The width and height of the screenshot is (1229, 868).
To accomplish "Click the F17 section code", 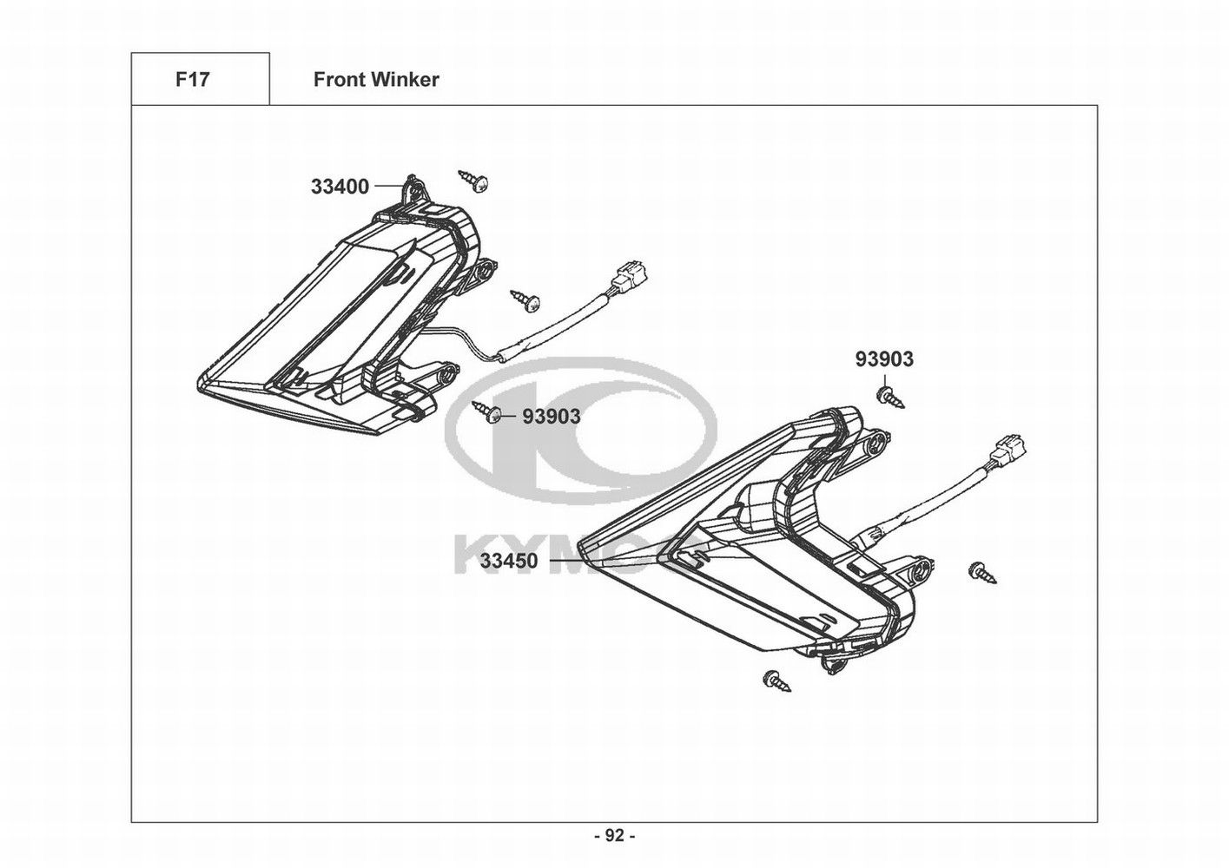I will (192, 80).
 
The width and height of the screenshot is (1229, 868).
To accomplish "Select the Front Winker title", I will (376, 80).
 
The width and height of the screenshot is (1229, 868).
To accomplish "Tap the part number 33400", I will (340, 186).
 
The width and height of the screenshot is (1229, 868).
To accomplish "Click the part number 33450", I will (508, 561).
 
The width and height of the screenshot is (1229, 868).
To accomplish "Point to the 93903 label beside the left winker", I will (551, 417).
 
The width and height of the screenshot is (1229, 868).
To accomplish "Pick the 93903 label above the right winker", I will (884, 358).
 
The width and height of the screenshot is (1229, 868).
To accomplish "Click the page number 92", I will (614, 835).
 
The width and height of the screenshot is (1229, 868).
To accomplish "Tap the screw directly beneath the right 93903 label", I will (889, 398).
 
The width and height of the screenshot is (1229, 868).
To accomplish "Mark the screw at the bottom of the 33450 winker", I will (776, 681).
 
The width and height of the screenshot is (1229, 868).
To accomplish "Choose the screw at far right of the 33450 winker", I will (982, 572).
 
